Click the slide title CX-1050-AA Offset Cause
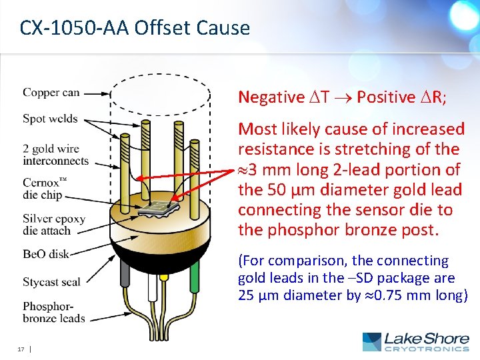click(x=135, y=28)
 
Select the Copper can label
click(x=51, y=93)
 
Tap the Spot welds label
click(x=50, y=119)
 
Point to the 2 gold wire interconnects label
click(x=55, y=155)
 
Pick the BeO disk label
click(x=45, y=254)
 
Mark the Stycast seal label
click(x=51, y=282)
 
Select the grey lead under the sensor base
click(x=125, y=273)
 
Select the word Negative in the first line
click(x=271, y=97)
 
